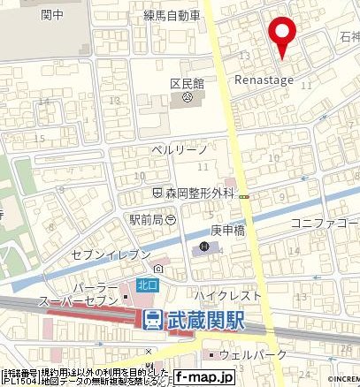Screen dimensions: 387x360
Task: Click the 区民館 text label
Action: (187, 83)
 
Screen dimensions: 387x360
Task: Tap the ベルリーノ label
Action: (178, 150)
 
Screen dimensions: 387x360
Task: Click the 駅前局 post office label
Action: (146, 216)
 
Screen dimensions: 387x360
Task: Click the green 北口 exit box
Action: (147, 285)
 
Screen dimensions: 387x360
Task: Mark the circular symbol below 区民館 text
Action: (187, 98)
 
